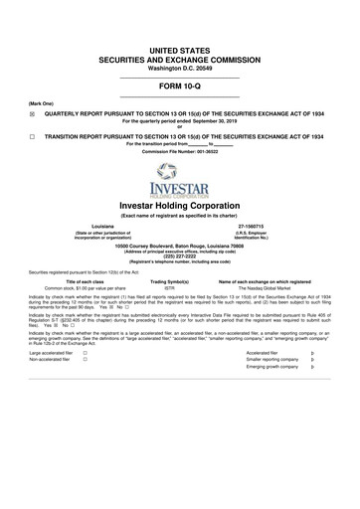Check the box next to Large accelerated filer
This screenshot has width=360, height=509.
point(86,382)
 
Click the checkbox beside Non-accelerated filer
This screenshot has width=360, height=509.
point(86,389)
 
